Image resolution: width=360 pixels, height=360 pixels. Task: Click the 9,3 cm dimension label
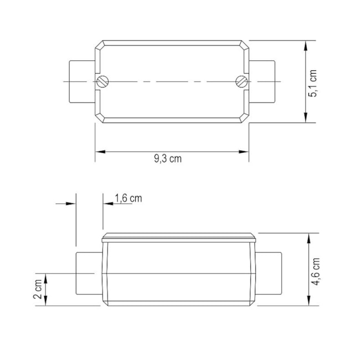pos(168,158)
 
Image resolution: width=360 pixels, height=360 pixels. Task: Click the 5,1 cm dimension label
pos(313,84)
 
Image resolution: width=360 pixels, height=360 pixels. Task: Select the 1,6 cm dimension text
pos(128,198)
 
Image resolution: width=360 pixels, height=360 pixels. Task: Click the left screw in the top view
pos(102,81)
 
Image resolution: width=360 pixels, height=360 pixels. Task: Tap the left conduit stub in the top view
pos(81,81)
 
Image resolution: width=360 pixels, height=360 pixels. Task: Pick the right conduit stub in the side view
pos(269,274)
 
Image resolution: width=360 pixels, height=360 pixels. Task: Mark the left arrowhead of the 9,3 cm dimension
pos(99,151)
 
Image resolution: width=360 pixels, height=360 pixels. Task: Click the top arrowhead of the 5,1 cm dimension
pos(306,44)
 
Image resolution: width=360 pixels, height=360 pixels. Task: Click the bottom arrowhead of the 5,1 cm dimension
pos(306,119)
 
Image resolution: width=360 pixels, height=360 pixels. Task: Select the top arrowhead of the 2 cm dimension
pos(47,277)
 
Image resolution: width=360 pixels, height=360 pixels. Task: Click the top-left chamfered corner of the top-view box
pos(99,45)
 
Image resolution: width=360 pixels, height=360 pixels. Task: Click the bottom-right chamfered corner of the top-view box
pos(244,119)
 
